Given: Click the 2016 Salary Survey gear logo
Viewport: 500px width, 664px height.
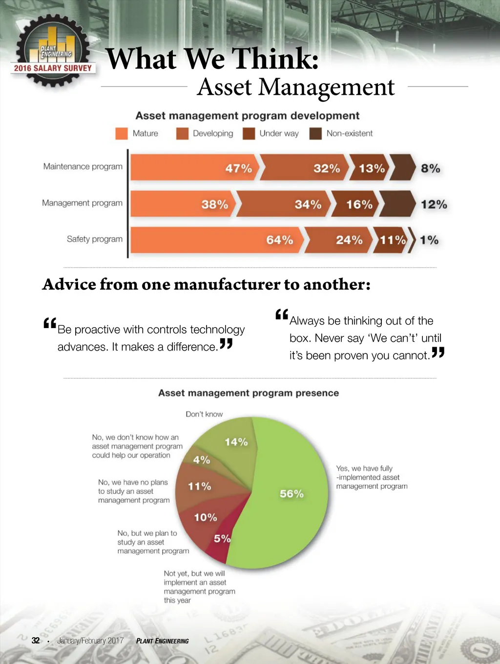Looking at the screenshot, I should point(53,51).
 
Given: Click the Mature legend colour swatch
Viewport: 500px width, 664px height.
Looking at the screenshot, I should point(121,133).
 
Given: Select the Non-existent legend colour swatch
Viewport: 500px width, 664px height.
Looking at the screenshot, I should point(315,133).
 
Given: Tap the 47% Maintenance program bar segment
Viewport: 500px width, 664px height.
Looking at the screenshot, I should point(195,168).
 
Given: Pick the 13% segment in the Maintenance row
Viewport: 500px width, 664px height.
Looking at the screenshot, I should point(370,168).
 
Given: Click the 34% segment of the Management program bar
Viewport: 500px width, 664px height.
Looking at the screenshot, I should point(283,204).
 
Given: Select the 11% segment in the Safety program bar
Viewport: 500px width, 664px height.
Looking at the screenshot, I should point(391,240).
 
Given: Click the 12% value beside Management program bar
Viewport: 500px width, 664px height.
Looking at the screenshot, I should point(434,204).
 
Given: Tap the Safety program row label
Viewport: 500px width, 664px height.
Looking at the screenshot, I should point(95,239).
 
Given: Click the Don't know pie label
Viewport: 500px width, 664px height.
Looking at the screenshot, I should point(204,414).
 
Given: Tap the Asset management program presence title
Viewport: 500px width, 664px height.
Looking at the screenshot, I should point(249,393).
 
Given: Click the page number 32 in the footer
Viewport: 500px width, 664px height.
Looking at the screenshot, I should point(36,641).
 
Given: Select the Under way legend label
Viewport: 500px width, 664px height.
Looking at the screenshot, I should point(279,133).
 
